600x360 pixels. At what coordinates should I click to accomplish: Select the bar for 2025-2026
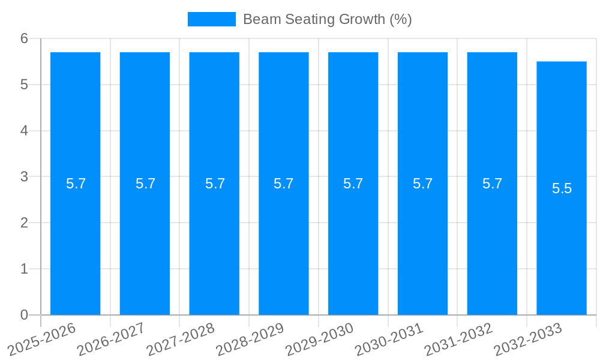coord(75,240)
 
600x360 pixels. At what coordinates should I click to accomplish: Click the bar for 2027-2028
coord(214,240)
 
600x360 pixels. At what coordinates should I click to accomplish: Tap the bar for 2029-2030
coord(353,240)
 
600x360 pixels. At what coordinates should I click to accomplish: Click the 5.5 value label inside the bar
coord(562,188)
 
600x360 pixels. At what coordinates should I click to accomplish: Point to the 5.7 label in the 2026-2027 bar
coord(145,184)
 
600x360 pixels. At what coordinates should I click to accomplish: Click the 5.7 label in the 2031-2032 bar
coord(492,184)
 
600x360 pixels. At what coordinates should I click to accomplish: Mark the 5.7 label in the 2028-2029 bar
coord(283,184)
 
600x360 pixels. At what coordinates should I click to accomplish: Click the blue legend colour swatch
coord(211,19)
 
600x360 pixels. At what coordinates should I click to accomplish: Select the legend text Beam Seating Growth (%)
coord(327,19)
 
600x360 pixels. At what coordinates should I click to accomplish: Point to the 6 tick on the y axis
coord(25,38)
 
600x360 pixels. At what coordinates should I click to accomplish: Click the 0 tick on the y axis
coord(25,315)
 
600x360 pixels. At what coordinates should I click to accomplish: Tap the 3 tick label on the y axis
coord(25,176)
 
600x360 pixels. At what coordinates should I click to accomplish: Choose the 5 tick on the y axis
coord(25,85)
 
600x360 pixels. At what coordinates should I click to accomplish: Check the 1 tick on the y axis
coord(25,269)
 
